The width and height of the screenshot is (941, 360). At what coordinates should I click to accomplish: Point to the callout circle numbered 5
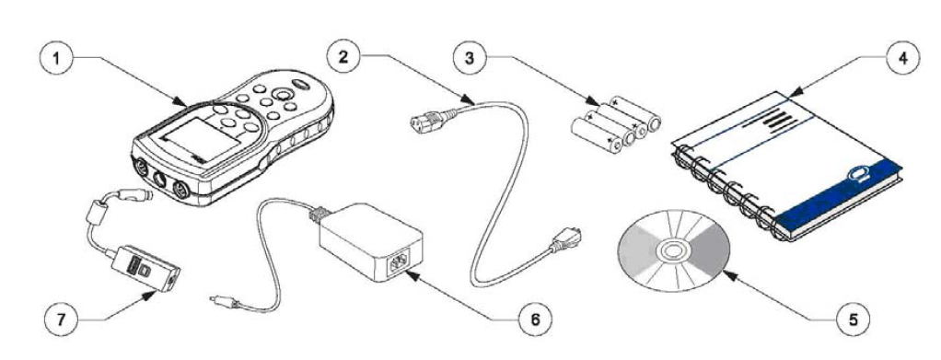[853, 319]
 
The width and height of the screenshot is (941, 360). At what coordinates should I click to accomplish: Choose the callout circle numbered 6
[535, 319]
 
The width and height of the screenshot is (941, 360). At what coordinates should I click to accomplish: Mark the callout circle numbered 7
[63, 319]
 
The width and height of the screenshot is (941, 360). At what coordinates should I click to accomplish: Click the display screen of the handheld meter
[201, 140]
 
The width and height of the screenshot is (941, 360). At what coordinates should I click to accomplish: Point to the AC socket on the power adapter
[398, 264]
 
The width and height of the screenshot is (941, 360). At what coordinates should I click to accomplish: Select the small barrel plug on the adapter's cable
[222, 300]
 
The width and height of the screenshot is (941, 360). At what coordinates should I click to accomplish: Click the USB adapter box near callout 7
[145, 268]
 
